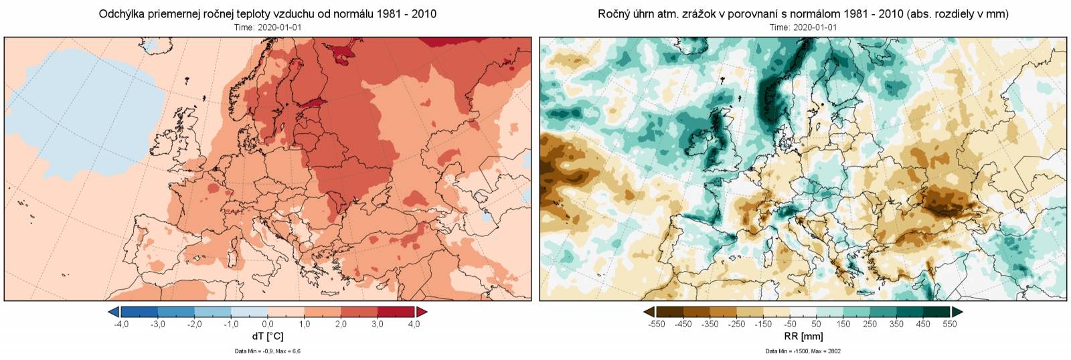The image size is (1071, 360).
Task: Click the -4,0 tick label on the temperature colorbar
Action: coord(121,325)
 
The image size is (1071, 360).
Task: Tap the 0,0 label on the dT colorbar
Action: coord(268,325)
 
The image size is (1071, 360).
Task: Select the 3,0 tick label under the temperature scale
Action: coord(378,325)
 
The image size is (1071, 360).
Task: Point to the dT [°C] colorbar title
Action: coord(268,337)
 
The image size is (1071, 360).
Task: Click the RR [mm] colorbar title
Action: coord(803,337)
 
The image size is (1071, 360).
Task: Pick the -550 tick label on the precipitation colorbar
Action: coord(657,325)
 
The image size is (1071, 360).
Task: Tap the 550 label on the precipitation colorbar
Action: coord(950,325)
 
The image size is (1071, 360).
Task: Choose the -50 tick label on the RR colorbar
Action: coord(790,325)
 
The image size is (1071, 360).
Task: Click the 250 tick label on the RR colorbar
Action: coord(870,325)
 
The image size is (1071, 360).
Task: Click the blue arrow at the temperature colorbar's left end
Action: coord(114,312)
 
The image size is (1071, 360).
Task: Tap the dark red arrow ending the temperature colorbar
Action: coord(422,312)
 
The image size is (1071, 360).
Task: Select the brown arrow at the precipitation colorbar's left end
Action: coord(649,312)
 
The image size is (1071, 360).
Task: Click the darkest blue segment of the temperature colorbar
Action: coord(139,312)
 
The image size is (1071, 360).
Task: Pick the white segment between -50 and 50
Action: coord(803,312)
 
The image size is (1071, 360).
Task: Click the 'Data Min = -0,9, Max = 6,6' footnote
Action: coord(268,351)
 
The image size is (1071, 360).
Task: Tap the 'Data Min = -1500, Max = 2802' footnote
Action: coord(803,351)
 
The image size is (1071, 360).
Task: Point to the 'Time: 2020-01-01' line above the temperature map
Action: coord(268,27)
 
